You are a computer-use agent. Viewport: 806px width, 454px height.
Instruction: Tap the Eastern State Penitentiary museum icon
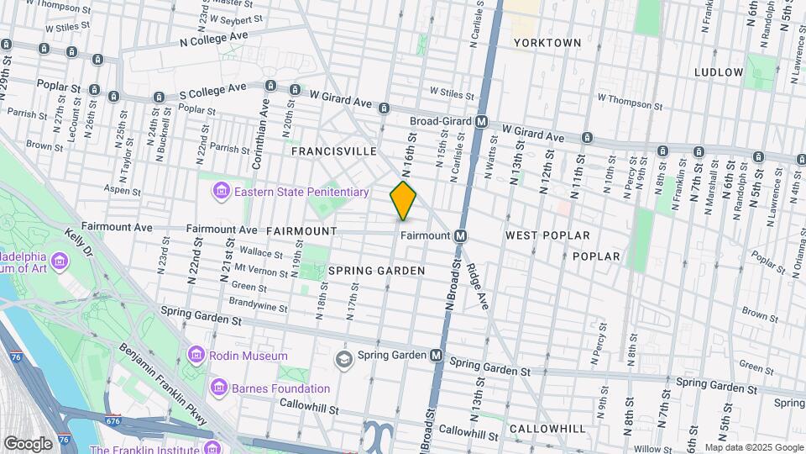pos(222,192)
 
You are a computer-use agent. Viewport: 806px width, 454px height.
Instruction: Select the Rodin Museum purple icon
pos(196,354)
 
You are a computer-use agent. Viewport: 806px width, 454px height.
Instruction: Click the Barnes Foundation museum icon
pos(218,388)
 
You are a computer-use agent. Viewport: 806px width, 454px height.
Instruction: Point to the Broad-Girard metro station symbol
pos(482,122)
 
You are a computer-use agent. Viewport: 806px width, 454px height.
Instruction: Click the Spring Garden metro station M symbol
pos(437,355)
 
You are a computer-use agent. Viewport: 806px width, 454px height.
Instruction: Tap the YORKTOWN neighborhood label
pos(547,42)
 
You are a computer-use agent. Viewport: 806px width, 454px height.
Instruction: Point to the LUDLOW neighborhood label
pos(719,72)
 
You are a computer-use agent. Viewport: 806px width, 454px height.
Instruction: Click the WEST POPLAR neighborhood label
pos(547,235)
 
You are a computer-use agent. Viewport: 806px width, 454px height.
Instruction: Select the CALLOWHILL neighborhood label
pos(547,429)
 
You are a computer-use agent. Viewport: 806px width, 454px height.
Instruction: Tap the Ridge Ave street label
pos(478,287)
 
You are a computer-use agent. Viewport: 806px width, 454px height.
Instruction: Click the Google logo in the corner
pos(28,443)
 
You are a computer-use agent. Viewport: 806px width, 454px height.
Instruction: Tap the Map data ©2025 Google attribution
pos(753,447)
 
